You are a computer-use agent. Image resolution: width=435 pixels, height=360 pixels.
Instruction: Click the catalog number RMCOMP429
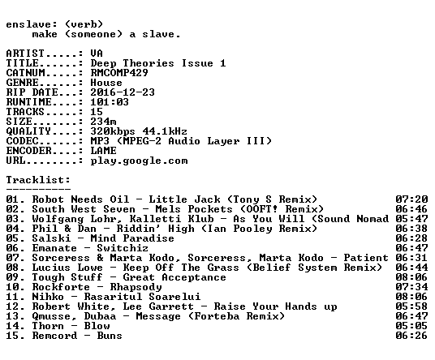(x=119, y=73)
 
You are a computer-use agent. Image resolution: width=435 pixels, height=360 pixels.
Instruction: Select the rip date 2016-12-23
(x=123, y=92)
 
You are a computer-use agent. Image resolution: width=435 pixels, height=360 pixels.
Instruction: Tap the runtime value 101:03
(x=110, y=102)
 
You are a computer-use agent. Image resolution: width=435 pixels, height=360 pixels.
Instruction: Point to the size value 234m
(x=103, y=122)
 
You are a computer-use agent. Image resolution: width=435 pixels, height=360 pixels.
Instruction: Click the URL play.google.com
(x=139, y=161)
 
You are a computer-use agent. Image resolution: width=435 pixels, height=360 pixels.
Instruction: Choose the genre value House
(x=106, y=83)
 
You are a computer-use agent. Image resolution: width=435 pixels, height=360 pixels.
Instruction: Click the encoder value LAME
(x=103, y=151)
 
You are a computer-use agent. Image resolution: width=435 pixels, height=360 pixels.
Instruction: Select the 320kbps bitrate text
(x=113, y=131)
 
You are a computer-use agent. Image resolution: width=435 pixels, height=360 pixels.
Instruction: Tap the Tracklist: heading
(x=38, y=180)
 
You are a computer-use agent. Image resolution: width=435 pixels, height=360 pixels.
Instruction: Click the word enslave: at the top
(x=32, y=24)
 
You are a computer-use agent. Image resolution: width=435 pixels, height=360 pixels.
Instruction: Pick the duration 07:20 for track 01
(x=411, y=199)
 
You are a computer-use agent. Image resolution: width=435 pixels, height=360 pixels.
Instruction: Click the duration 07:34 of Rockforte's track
(x=411, y=287)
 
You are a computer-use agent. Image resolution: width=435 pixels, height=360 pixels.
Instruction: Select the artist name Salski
(x=51, y=238)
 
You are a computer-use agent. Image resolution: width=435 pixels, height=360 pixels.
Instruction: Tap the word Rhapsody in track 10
(x=136, y=287)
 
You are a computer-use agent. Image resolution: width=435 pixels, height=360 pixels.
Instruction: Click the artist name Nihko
(x=48, y=297)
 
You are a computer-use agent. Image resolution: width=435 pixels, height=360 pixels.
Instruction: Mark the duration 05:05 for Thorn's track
(x=411, y=326)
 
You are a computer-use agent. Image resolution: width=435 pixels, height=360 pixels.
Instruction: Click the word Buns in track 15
(x=110, y=336)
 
